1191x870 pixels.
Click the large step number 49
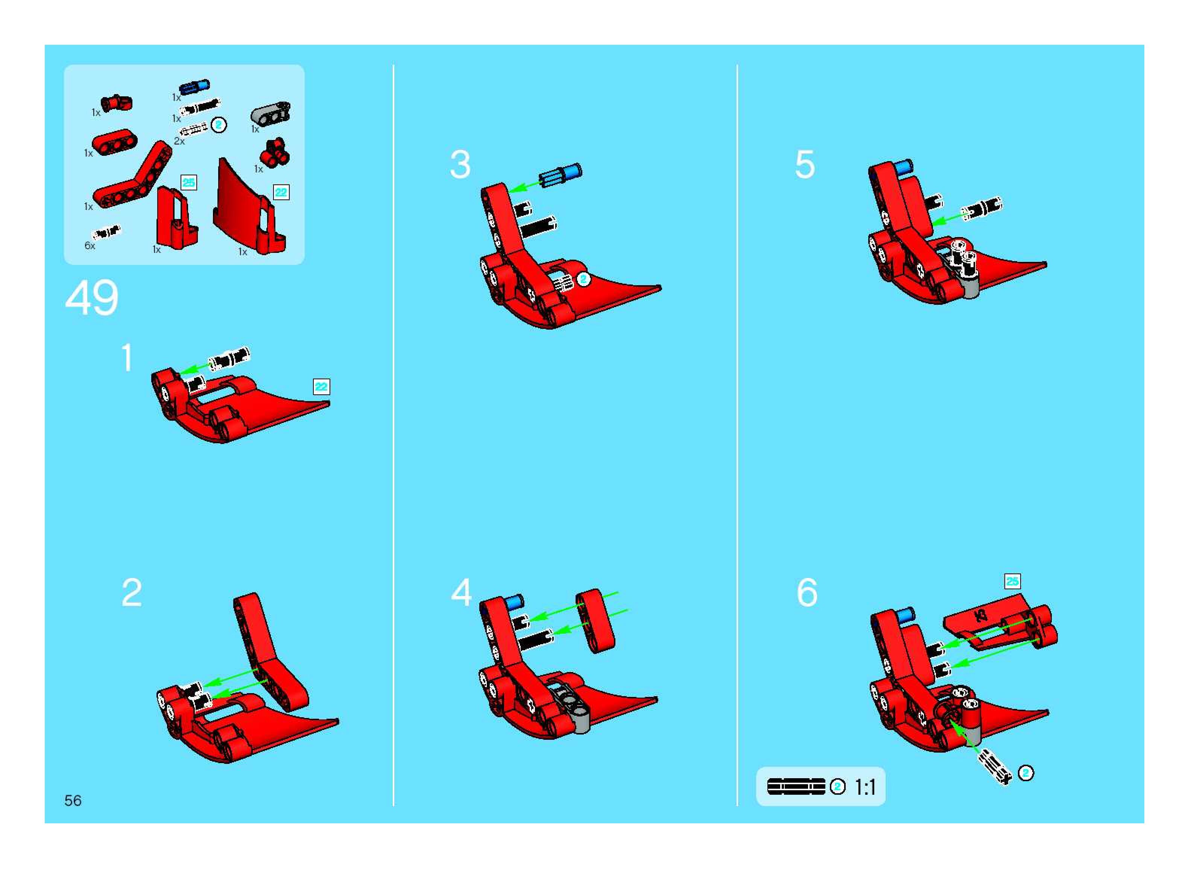[92, 298]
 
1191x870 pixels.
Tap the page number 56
[73, 801]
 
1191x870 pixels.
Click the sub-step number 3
[460, 164]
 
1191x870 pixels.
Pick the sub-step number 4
[461, 592]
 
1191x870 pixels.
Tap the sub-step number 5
[805, 164]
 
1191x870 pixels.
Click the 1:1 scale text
[865, 787]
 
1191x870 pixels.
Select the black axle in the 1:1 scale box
[796, 787]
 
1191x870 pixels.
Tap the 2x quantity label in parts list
[179, 141]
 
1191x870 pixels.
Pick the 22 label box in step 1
[321, 386]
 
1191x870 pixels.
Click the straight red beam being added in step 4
[595, 621]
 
